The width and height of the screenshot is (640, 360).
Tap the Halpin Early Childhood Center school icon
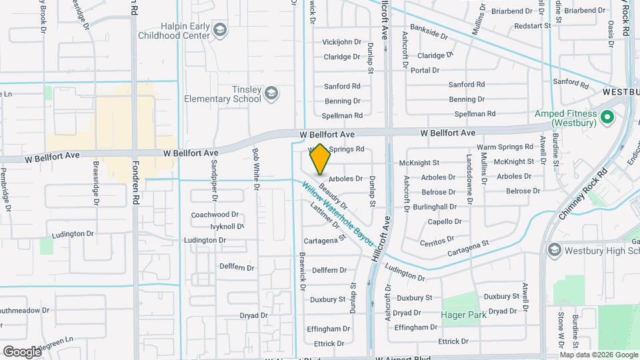(x=220, y=29)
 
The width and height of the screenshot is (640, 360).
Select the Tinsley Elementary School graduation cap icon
(x=271, y=93)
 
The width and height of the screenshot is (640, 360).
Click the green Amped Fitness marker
(x=607, y=118)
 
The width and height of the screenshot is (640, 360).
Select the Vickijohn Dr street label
(x=341, y=42)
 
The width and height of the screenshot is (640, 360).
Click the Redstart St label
(x=533, y=25)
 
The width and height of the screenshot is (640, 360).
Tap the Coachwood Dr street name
(x=215, y=215)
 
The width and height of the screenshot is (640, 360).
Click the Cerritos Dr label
(x=437, y=238)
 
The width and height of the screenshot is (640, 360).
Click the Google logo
(x=22, y=351)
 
